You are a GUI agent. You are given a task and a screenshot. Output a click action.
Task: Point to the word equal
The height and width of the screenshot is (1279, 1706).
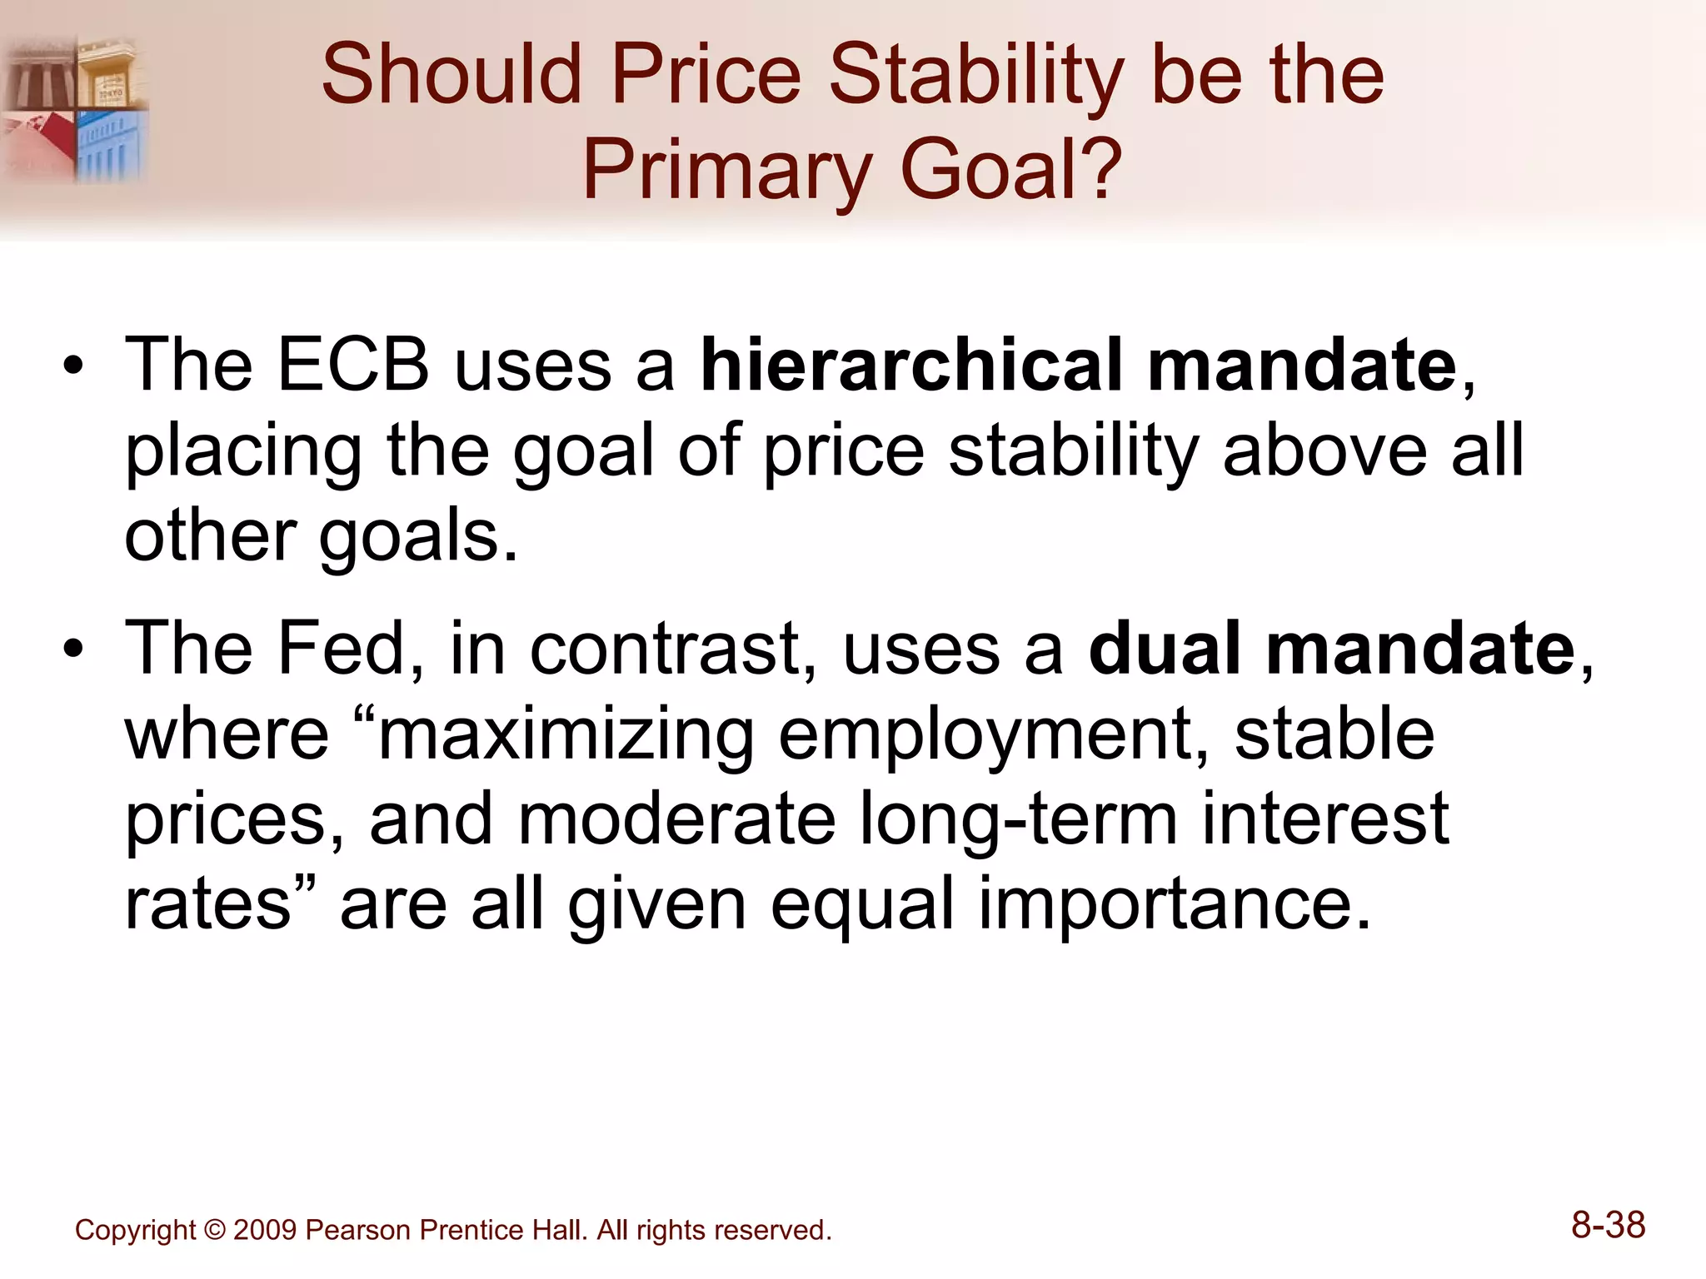coord(861,908)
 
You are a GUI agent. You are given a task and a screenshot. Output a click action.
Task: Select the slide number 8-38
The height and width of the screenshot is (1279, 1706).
coord(1608,1226)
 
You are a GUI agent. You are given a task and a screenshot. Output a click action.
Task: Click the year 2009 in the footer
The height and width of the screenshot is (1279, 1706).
coord(264,1230)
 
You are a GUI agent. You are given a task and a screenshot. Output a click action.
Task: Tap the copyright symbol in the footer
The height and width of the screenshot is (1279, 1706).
coord(214,1230)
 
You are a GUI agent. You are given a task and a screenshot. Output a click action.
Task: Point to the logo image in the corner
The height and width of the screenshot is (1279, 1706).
coord(75,108)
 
